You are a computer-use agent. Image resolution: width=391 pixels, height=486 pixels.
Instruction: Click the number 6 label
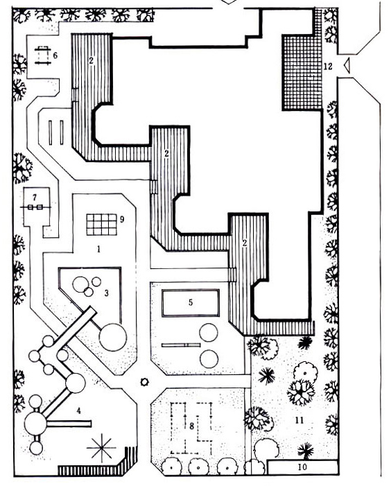(55, 55)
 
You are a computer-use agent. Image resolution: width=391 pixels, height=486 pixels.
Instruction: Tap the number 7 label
(35, 197)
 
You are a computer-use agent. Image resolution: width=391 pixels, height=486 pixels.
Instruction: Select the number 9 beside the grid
(122, 220)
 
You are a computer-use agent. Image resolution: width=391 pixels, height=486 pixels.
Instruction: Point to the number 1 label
(98, 249)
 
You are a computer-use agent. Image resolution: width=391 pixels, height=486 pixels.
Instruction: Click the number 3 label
(107, 293)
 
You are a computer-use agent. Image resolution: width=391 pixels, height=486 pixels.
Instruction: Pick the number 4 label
(79, 411)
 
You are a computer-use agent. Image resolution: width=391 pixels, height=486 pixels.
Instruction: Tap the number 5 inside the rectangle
(191, 302)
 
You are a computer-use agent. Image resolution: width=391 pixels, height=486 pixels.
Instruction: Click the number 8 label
(191, 426)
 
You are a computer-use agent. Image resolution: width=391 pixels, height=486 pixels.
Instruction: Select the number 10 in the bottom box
(302, 467)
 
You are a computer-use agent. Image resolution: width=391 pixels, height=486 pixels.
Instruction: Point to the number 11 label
(299, 420)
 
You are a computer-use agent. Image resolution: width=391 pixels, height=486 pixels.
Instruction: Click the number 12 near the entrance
(328, 66)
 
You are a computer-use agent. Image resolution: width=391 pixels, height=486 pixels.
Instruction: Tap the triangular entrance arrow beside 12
(347, 65)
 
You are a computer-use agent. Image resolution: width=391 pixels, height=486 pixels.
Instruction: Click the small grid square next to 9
(102, 225)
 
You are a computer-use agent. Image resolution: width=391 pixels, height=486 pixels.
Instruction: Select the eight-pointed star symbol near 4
(101, 448)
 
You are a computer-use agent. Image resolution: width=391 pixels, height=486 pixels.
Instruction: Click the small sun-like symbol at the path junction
(144, 382)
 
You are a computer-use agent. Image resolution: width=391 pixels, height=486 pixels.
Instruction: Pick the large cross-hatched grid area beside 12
(302, 72)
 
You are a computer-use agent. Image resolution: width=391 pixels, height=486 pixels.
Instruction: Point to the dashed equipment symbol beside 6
(42, 55)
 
